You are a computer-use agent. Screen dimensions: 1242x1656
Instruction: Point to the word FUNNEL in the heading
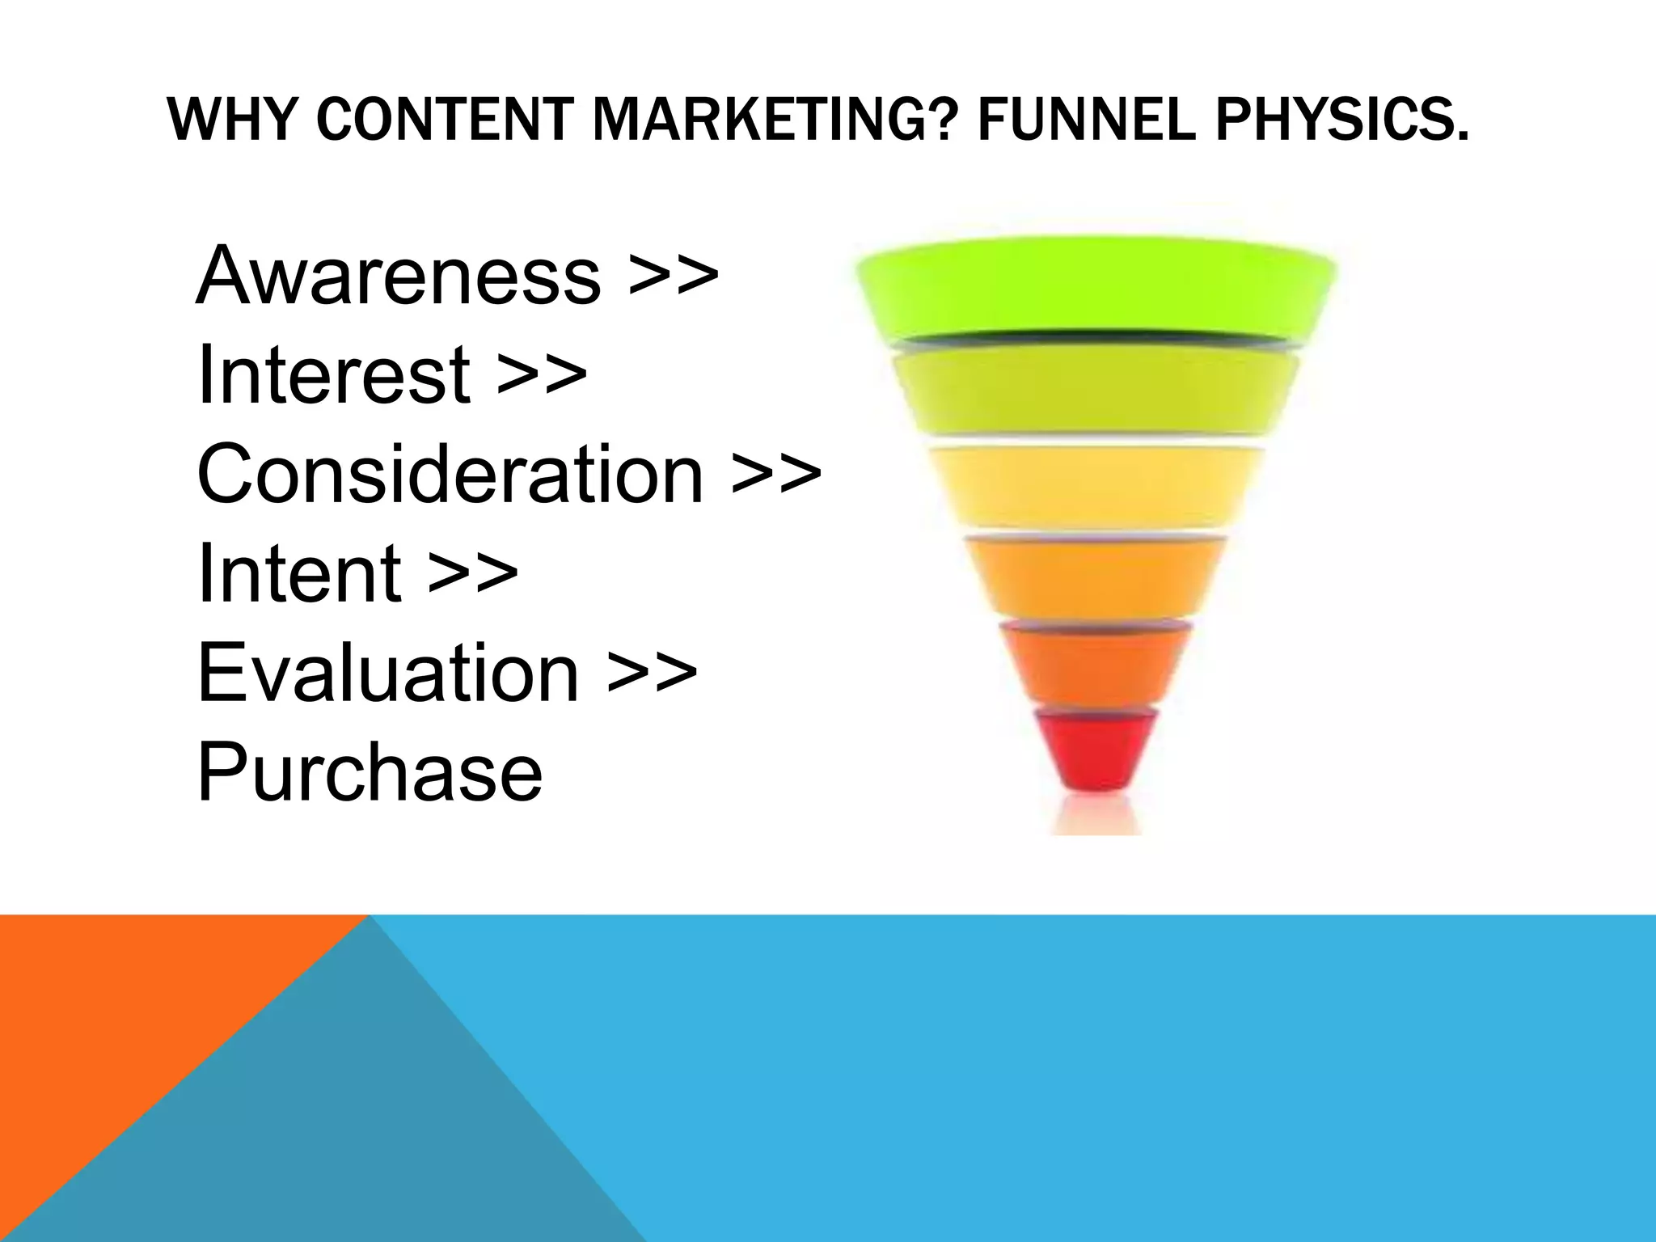[1086, 120]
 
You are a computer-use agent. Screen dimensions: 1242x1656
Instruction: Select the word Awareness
[399, 276]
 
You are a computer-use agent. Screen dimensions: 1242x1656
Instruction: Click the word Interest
[334, 374]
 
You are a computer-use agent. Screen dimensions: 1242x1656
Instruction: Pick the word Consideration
[450, 474]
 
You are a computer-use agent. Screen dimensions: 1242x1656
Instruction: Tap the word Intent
[299, 573]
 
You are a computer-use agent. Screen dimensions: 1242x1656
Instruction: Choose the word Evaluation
[388, 673]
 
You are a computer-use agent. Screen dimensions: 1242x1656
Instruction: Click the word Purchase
[370, 773]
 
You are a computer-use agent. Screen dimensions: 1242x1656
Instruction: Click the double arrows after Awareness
[674, 277]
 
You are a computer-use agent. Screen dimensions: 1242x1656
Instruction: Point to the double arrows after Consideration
[776, 475]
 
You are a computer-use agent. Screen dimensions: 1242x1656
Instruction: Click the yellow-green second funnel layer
[1096, 392]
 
